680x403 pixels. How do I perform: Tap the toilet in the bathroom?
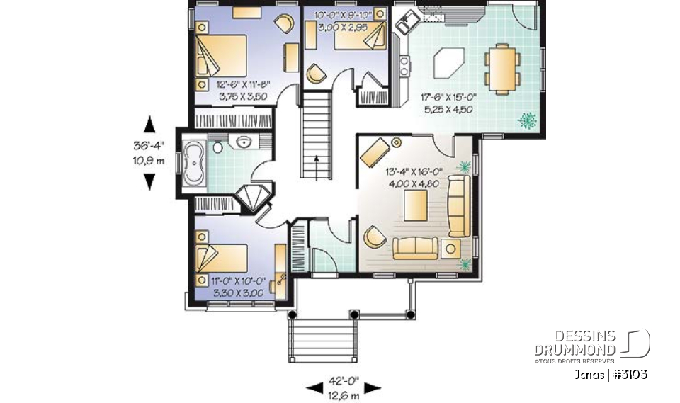[x=219, y=148]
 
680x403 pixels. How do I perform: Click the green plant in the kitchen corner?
[x=527, y=121]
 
